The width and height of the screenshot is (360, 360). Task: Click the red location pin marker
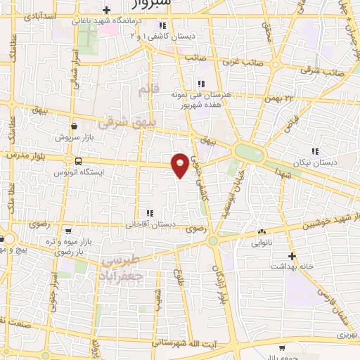[180, 164]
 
